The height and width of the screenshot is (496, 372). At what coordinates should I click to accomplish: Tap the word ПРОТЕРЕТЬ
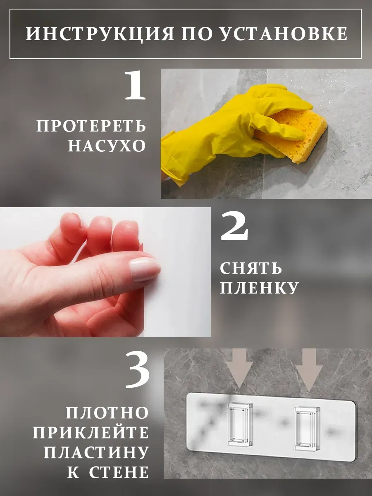[x=91, y=126]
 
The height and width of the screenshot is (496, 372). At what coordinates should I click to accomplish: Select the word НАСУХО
[x=107, y=145]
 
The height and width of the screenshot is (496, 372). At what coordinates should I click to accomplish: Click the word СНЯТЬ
[x=251, y=269]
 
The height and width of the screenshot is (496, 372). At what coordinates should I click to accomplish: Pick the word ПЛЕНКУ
[x=259, y=288]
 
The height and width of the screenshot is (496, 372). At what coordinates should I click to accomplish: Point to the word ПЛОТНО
[x=107, y=413]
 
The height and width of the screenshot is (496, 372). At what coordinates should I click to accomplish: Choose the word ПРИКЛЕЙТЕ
[x=91, y=432]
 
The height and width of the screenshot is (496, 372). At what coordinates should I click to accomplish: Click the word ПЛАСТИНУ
[x=96, y=452]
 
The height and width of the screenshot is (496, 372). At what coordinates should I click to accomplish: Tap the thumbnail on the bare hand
[x=145, y=269]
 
